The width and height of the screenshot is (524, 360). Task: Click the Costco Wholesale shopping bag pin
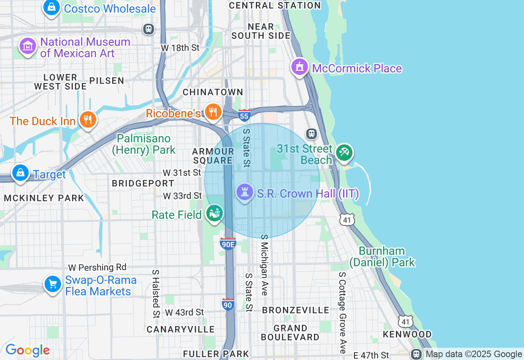point(52,7)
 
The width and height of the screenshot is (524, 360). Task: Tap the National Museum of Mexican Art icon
point(28,46)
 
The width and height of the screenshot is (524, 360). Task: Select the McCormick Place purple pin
point(299,67)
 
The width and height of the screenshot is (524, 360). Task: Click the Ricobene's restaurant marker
point(213,111)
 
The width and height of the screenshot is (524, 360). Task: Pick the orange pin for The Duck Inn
point(88,120)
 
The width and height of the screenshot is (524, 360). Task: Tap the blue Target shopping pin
point(20,173)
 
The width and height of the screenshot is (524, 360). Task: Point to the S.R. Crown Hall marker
point(245,192)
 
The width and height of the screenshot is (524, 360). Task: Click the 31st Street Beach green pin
point(344,153)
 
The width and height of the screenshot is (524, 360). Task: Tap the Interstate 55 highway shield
point(244,116)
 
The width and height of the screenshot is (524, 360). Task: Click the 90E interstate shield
point(228,244)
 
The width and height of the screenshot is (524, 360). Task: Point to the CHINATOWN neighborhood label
point(213,92)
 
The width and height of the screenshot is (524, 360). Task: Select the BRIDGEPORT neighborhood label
point(143,183)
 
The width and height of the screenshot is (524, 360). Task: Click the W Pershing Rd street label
point(97,268)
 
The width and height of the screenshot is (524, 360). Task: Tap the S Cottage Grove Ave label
point(343,313)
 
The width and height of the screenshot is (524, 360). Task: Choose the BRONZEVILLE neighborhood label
point(296,310)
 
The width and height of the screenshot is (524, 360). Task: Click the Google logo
point(27,350)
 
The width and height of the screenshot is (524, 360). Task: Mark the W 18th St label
point(180,48)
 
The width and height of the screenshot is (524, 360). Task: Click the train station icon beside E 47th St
point(416,354)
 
